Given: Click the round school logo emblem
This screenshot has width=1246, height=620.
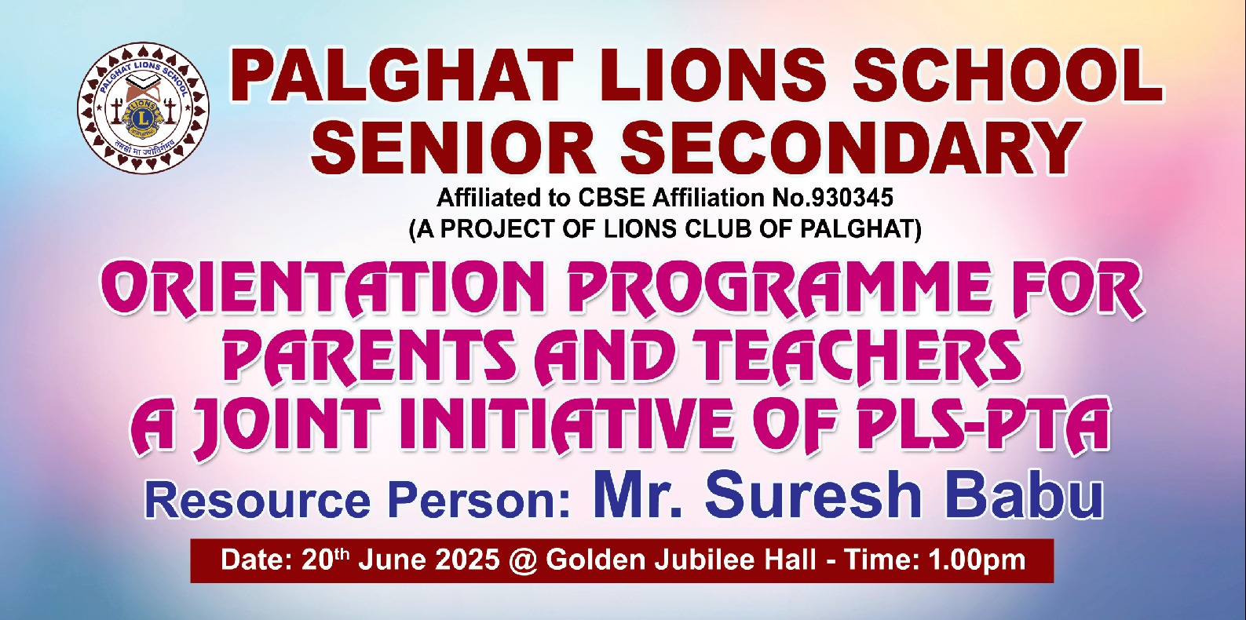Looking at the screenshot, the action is click(x=143, y=108).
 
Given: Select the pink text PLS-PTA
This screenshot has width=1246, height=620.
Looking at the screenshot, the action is click(x=984, y=425).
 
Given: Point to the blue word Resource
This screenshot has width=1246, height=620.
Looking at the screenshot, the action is click(x=257, y=501).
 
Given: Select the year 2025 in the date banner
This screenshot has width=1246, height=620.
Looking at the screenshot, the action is click(x=468, y=560).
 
